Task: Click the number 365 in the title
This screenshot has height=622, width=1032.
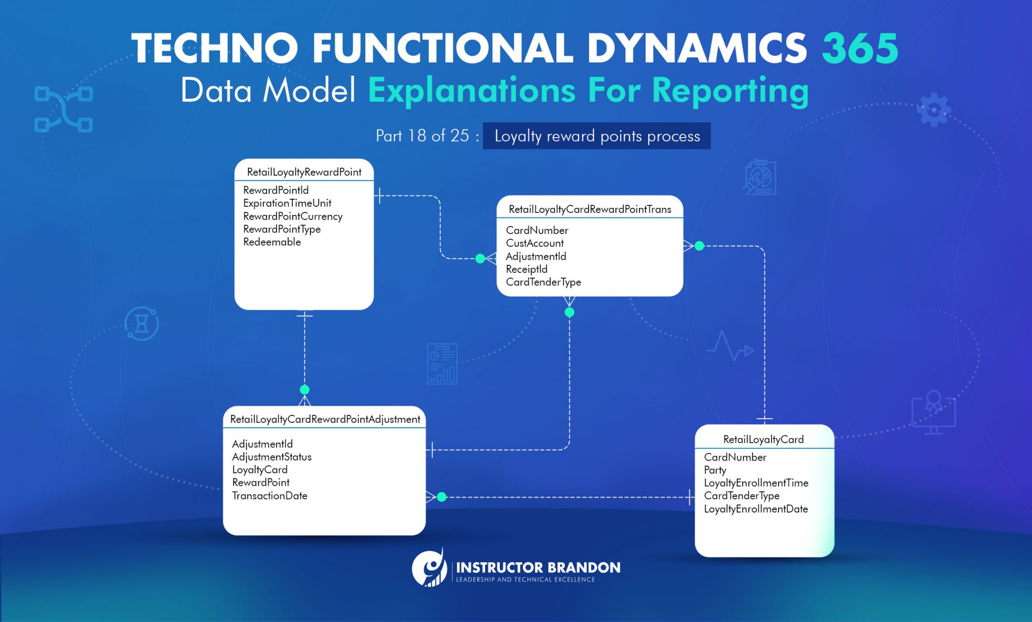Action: (860, 48)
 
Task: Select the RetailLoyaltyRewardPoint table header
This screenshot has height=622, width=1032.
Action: (304, 172)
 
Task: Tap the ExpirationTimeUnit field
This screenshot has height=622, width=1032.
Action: (287, 203)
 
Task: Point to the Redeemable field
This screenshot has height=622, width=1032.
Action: (272, 242)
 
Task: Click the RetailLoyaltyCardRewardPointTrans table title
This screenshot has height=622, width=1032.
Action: (590, 209)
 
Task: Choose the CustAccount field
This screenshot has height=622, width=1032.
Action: (535, 243)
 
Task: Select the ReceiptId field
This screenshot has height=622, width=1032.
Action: (527, 269)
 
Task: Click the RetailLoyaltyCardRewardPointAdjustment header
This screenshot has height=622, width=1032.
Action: (325, 419)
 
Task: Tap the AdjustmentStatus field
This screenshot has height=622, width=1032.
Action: (272, 457)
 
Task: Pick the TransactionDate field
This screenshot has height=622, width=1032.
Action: (270, 496)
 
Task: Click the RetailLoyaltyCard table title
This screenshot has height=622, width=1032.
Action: (763, 439)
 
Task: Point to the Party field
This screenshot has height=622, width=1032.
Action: (715, 470)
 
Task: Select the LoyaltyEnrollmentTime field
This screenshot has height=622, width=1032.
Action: (756, 483)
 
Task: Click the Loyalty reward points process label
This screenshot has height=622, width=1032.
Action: (597, 136)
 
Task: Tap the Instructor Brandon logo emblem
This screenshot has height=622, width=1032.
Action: (429, 569)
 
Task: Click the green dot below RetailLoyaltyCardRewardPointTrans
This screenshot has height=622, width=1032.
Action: (569, 312)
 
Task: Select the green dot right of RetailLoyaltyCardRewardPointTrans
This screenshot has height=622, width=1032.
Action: (699, 246)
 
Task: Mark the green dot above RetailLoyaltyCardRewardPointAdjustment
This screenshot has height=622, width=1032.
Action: (304, 390)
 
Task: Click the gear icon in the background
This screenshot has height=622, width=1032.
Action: (933, 109)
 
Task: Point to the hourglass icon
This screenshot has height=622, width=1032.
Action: (142, 323)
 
